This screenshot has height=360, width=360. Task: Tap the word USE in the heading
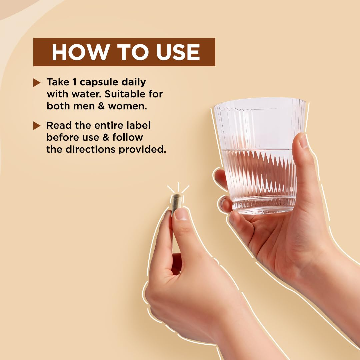point(178,52)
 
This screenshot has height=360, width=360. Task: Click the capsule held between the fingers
point(177,204)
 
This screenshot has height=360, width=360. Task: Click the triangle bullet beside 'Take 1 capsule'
point(37,83)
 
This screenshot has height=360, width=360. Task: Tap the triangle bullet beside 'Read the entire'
point(37,126)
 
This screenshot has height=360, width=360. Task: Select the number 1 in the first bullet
point(74,82)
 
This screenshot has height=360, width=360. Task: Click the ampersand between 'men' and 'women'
point(101,106)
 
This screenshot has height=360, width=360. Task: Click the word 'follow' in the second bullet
point(128,137)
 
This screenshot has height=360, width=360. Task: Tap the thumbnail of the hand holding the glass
point(303,141)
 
